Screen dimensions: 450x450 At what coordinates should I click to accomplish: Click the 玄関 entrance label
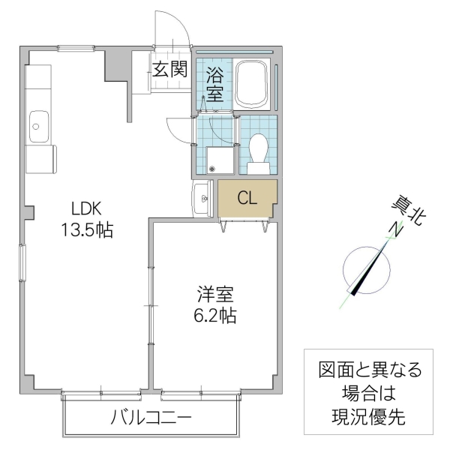[169, 70]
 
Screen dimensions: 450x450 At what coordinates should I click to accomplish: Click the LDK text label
[86, 208]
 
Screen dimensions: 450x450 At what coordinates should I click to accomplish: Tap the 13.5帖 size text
[86, 230]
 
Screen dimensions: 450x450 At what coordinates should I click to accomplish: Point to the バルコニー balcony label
[153, 417]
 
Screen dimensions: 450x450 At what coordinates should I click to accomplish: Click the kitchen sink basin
[38, 127]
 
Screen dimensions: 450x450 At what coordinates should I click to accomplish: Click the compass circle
[366, 270]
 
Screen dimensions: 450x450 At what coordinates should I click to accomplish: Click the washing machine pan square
[220, 159]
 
